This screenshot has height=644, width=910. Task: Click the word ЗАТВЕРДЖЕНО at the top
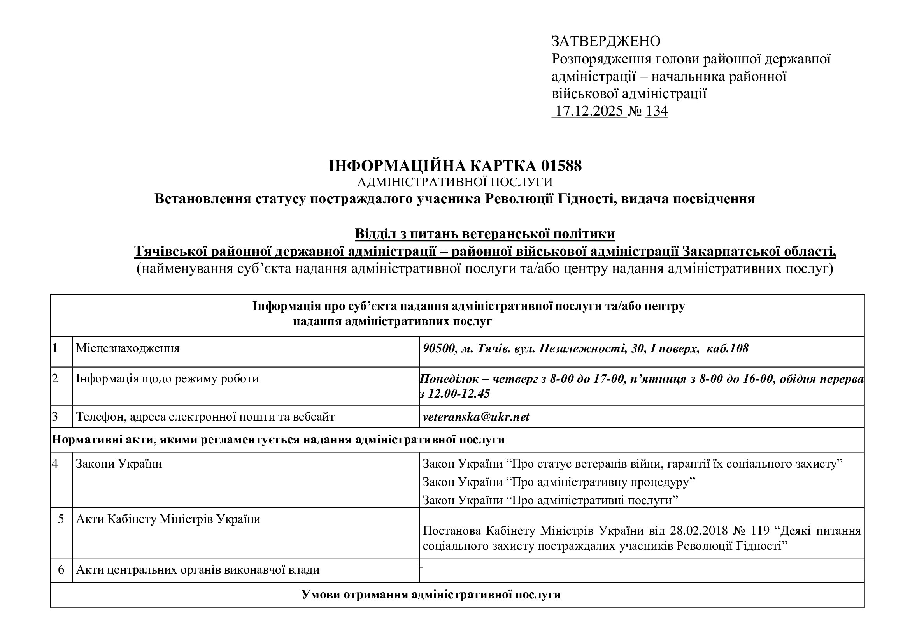coord(606,41)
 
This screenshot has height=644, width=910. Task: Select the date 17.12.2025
coord(589,111)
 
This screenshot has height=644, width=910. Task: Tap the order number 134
coord(656,111)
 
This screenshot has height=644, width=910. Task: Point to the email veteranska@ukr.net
coord(476,417)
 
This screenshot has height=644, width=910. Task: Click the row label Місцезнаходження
coord(128,348)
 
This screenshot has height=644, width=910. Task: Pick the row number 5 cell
coord(61,519)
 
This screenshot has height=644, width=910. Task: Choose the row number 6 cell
coord(61,570)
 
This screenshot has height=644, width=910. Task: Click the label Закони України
coord(119,464)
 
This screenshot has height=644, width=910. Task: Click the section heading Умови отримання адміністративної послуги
coord(431,595)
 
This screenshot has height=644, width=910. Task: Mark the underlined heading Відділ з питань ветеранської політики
coord(485,234)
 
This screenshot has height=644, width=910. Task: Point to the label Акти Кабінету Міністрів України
coord(168,519)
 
